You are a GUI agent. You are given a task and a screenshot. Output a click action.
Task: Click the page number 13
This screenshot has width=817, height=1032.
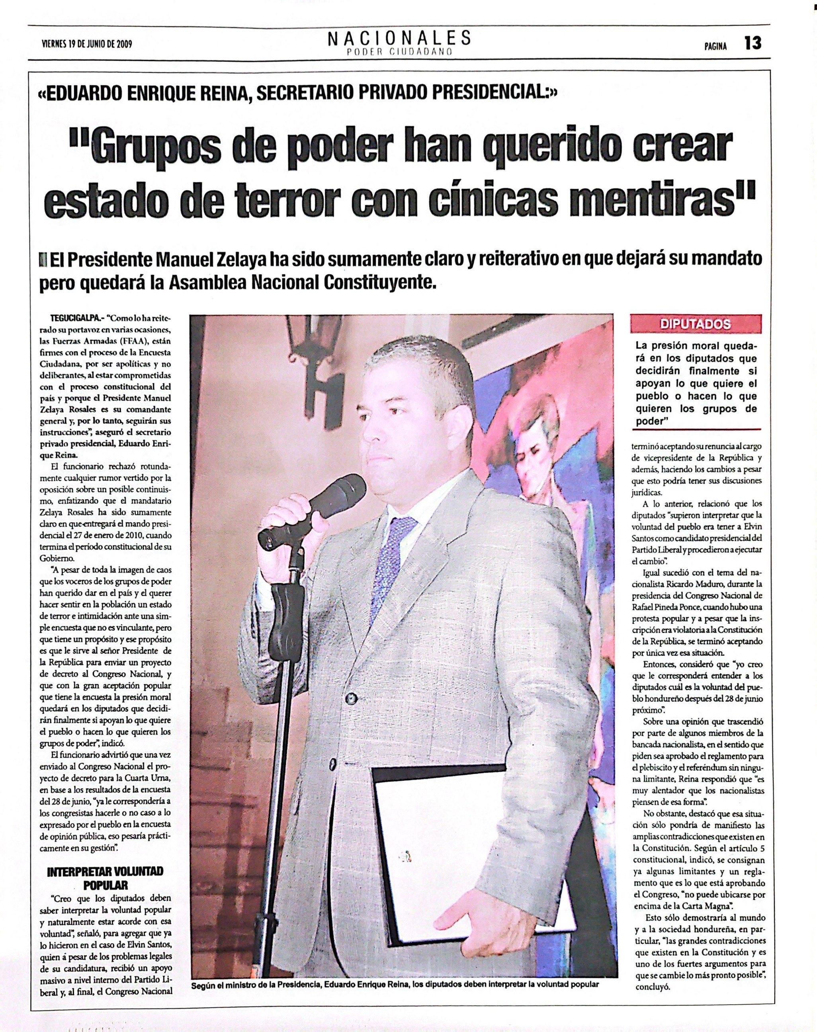[752, 43]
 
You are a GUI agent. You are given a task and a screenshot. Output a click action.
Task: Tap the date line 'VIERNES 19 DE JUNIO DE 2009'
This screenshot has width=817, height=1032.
[87, 45]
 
